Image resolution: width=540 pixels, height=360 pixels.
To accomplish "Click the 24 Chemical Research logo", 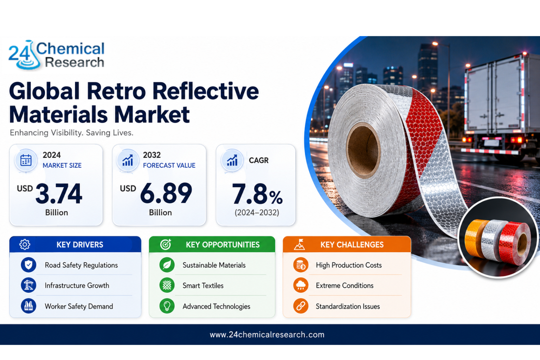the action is (56, 55).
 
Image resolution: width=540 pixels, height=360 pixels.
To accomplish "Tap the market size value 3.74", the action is (59, 194).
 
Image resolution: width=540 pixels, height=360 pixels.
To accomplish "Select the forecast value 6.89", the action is (166, 193).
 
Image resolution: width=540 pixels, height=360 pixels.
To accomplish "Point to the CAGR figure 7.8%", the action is (257, 194).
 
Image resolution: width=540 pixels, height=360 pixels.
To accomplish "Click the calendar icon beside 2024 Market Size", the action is (26, 160).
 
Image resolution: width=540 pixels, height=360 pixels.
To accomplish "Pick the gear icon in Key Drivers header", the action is (25, 244).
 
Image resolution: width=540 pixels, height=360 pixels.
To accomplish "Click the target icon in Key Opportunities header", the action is (166, 244).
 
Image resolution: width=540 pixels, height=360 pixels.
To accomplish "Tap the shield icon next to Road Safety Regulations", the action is (28, 265).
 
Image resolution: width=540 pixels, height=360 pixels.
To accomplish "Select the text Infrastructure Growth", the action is (77, 285).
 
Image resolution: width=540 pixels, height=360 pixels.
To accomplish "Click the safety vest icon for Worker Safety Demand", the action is (28, 306).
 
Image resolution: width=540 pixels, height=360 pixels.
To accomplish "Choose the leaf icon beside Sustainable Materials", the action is (167, 265).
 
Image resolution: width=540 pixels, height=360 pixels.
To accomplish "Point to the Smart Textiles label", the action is (203, 285).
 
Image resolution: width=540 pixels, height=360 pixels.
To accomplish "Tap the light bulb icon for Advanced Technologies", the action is (167, 306).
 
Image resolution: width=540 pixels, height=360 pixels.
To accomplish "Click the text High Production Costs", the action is (349, 265).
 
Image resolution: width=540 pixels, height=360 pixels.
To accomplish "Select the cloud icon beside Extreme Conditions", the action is (301, 285).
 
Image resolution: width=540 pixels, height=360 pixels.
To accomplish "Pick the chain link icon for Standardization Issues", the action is (301, 306).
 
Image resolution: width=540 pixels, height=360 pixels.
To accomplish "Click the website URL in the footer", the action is (267, 335).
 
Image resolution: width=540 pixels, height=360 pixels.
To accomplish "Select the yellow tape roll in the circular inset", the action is (474, 239).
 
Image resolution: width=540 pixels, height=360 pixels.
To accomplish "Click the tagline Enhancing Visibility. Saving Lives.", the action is (72, 133).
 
